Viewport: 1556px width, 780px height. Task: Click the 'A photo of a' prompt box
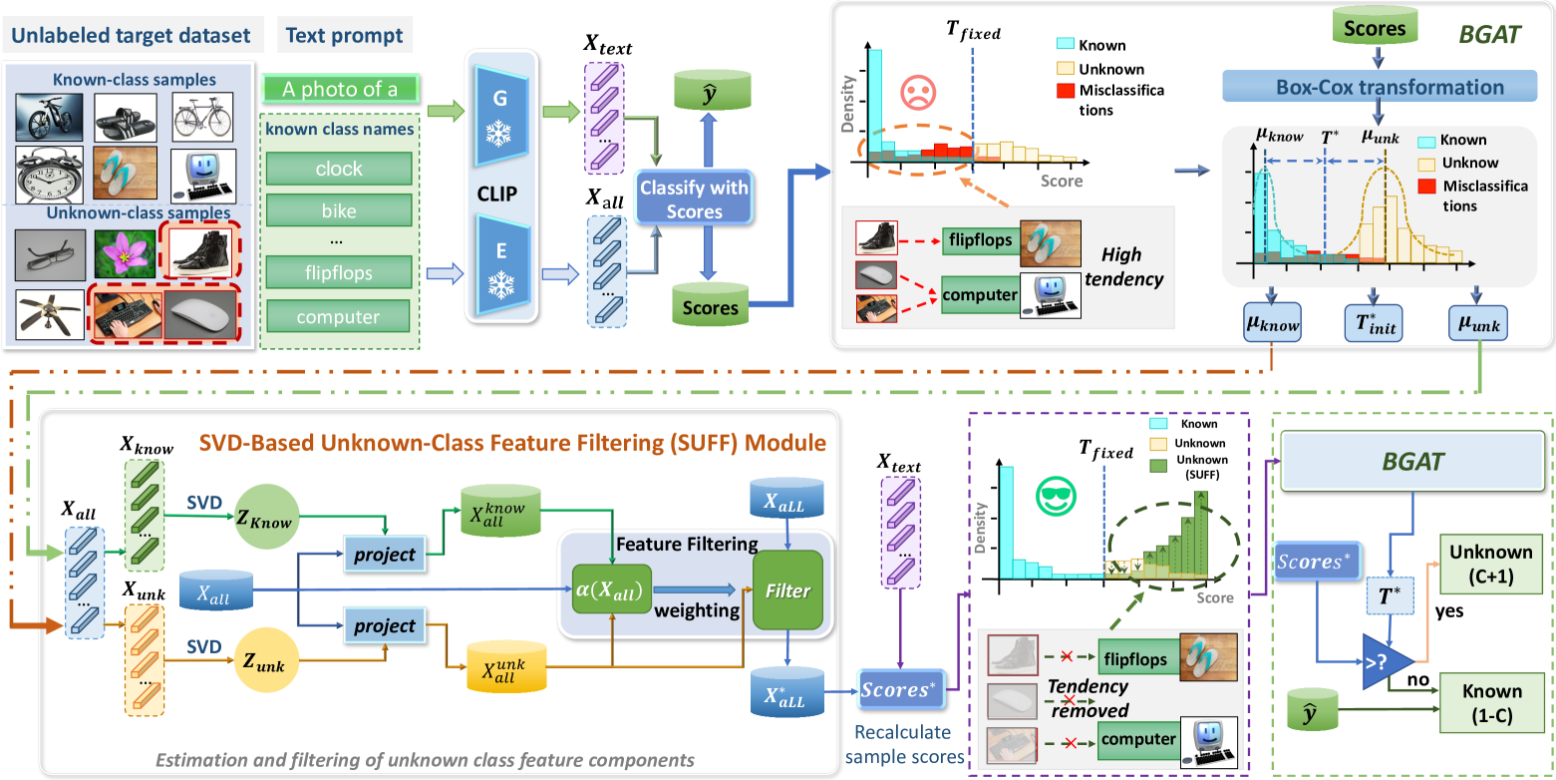click(x=340, y=90)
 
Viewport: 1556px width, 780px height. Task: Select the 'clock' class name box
click(x=339, y=169)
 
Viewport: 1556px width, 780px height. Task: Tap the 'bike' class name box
click(x=339, y=211)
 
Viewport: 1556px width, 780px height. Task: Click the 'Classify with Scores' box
click(x=694, y=198)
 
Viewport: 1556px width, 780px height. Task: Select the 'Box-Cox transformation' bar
click(x=1378, y=87)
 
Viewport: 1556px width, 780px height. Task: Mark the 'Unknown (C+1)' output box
click(x=1490, y=562)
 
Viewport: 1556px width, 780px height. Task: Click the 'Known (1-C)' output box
click(x=1490, y=702)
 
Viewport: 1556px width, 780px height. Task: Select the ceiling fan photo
click(x=50, y=313)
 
